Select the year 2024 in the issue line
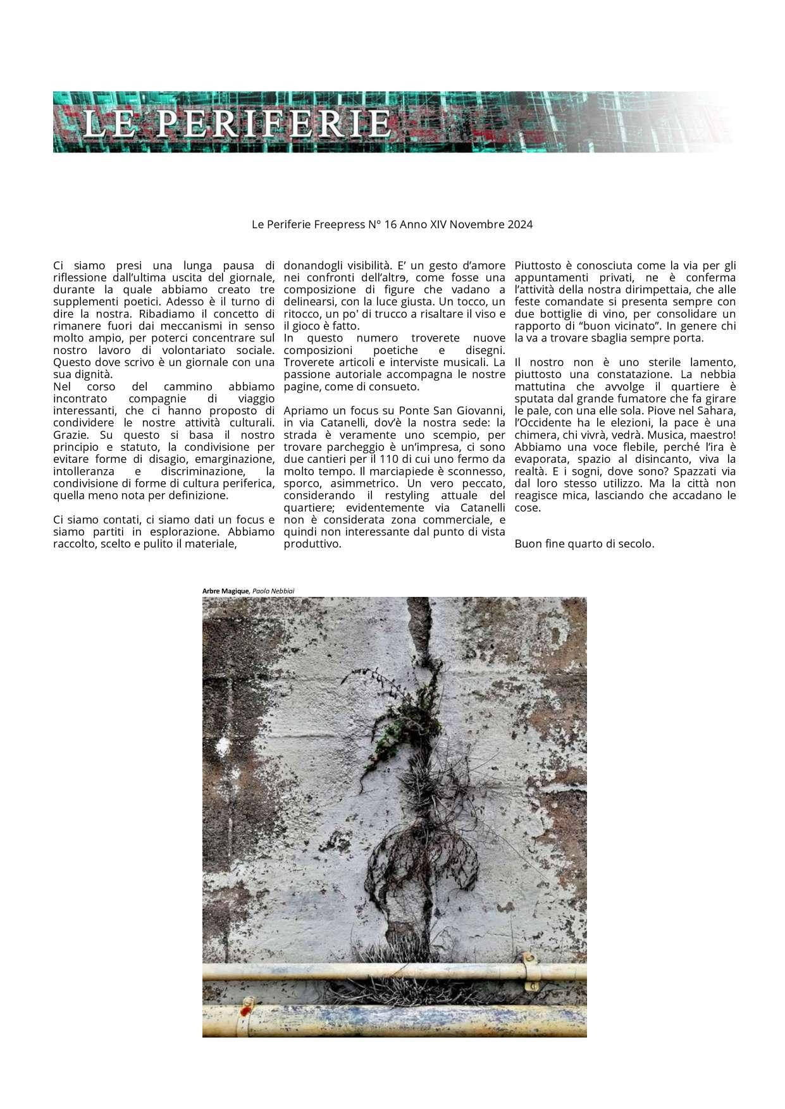click(519, 224)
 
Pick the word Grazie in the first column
click(70, 435)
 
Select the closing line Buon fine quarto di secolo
click(584, 544)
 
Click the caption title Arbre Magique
click(226, 591)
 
